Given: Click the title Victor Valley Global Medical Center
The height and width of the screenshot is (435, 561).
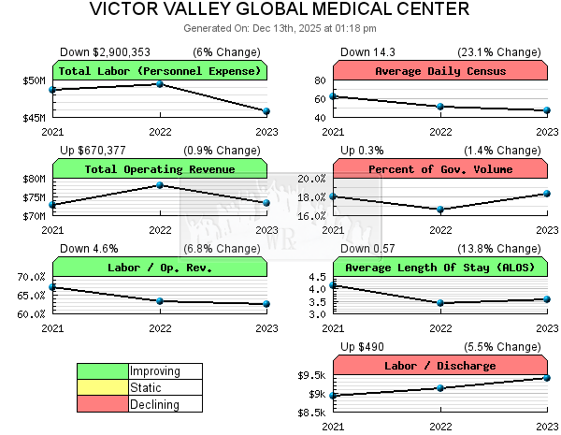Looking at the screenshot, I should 280,10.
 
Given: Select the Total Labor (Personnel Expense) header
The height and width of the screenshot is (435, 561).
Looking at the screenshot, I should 160,71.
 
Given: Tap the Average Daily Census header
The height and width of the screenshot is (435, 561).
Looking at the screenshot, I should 440,71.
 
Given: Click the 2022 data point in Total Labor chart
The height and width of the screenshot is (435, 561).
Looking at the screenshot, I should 160,84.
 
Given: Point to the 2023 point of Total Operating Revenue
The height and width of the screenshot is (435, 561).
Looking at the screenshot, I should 267,202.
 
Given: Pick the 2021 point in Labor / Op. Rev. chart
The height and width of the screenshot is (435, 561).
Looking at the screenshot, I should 52,287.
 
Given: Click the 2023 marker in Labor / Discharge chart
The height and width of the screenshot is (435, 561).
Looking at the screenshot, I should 548,377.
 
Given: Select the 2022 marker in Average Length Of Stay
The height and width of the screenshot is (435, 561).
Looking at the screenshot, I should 440,303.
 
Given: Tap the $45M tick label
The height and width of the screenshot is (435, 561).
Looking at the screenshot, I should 34,118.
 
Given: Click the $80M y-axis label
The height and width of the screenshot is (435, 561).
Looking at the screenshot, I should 34,179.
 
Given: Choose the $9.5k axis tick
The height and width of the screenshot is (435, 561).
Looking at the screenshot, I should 311,375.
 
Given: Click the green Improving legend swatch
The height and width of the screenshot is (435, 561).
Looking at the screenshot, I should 102,371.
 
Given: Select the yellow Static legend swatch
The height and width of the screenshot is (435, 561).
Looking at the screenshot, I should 102,387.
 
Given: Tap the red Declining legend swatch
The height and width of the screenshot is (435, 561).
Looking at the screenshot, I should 102,404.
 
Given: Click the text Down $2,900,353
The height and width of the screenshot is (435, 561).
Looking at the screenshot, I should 105,51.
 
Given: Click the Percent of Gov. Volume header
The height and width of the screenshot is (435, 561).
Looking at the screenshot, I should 440,169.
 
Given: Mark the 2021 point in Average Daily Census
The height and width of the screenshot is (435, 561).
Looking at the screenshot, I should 333,96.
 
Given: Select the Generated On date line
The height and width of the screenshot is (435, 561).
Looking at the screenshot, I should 280,29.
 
